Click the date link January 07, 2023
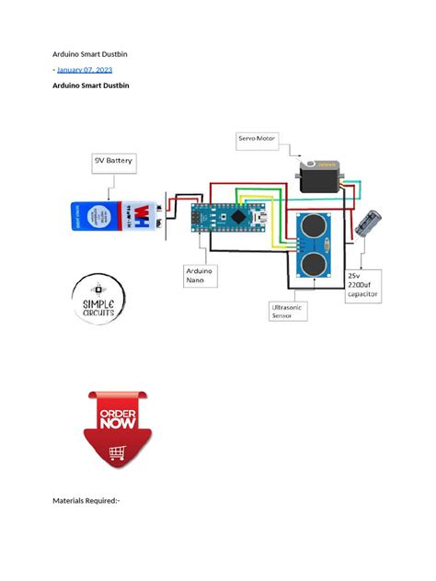click(86, 70)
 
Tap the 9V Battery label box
click(114, 160)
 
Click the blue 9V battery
click(115, 216)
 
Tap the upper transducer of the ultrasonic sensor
click(315, 225)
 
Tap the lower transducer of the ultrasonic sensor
click(315, 264)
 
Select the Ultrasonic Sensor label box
click(288, 310)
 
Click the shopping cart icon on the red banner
click(118, 452)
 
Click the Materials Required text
click(87, 501)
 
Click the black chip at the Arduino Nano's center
click(236, 218)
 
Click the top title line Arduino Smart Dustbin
click(89, 54)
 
